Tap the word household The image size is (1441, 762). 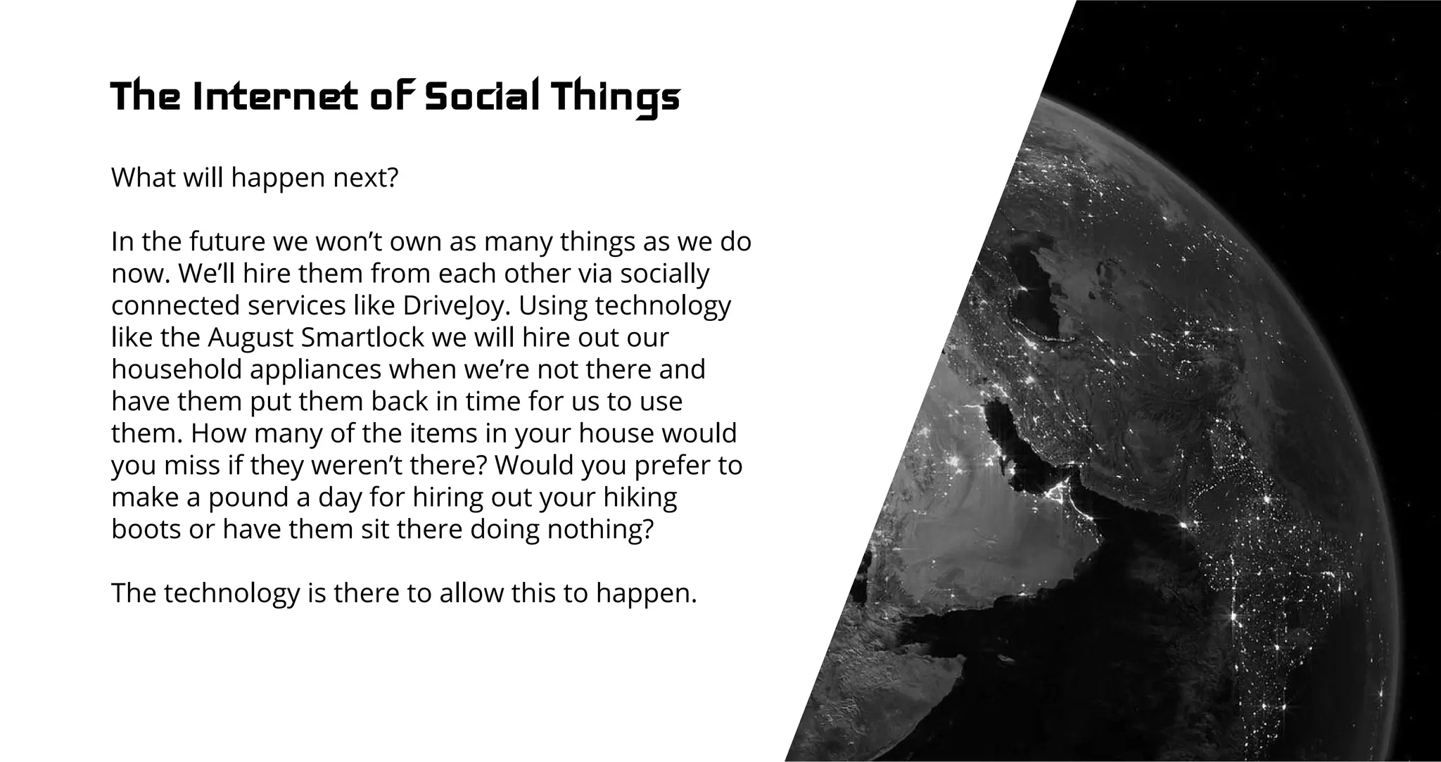[176, 369]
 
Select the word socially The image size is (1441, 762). [665, 274]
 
